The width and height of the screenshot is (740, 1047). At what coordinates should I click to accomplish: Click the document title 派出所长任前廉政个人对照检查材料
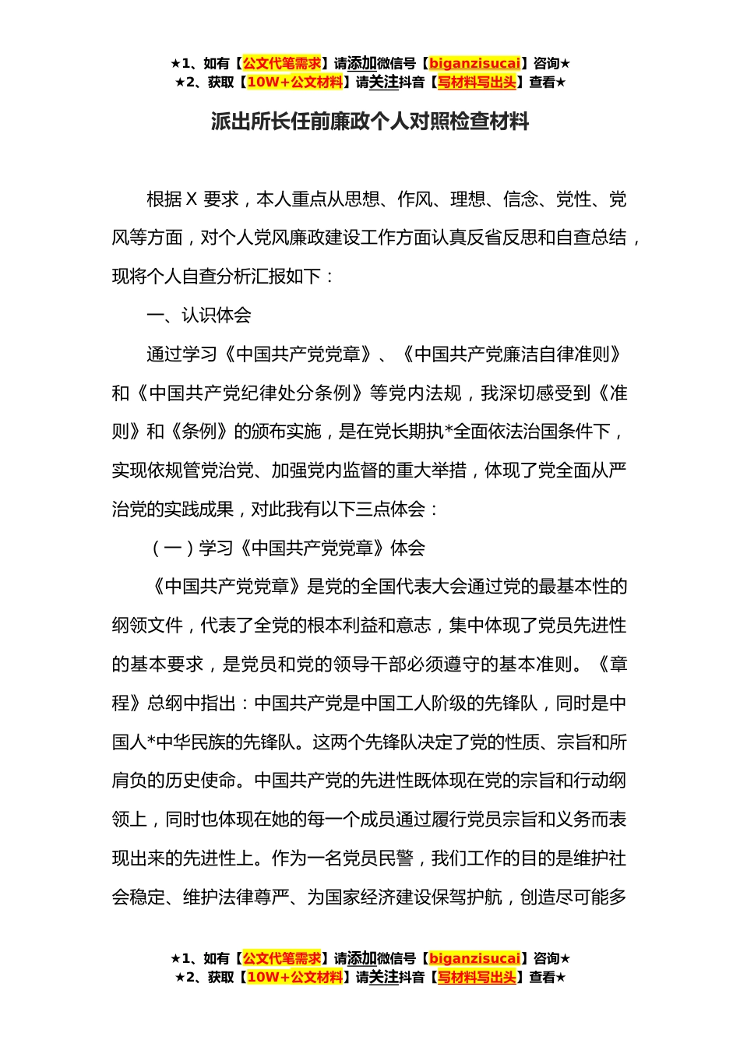point(370,122)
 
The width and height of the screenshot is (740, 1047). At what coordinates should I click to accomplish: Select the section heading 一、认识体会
point(199,316)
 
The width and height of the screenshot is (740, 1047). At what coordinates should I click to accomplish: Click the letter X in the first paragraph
point(192,199)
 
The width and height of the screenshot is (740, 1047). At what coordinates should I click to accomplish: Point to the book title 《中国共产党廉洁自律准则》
point(513,354)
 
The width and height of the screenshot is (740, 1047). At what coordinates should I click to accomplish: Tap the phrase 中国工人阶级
point(414,703)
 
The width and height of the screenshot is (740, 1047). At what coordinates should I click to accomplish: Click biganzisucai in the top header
point(474,63)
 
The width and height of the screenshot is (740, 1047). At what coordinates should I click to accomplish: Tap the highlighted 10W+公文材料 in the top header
point(294,82)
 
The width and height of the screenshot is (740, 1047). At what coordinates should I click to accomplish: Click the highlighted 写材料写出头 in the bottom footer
point(476,977)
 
